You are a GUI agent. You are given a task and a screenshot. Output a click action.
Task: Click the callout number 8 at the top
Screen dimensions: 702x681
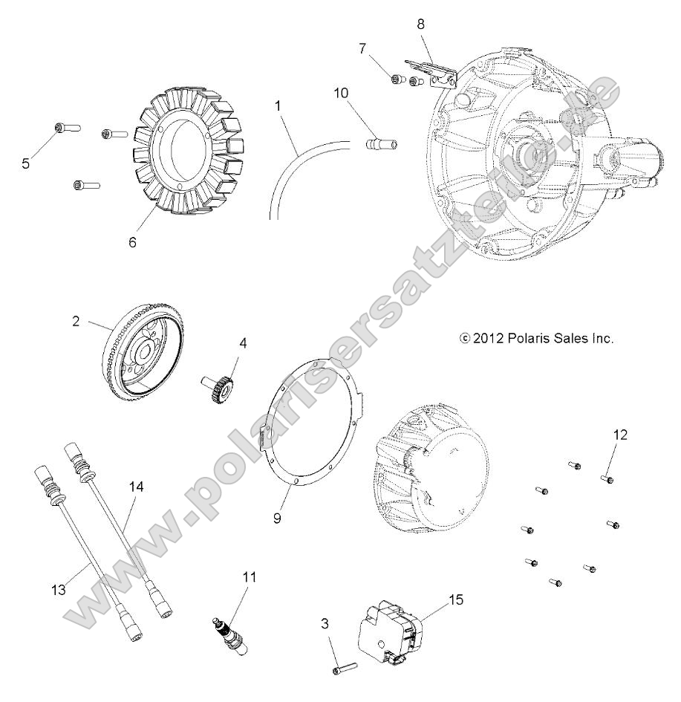click(420, 24)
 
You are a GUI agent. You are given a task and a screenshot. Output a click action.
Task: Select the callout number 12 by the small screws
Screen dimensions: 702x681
click(620, 435)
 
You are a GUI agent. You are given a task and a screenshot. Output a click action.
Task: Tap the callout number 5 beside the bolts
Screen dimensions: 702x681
click(25, 163)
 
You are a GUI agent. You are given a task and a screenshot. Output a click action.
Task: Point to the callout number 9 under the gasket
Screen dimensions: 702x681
click(277, 518)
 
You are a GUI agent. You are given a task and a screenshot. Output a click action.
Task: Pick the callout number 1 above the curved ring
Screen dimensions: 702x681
click(278, 106)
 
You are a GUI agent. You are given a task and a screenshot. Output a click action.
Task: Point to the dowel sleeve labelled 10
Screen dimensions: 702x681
click(379, 140)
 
